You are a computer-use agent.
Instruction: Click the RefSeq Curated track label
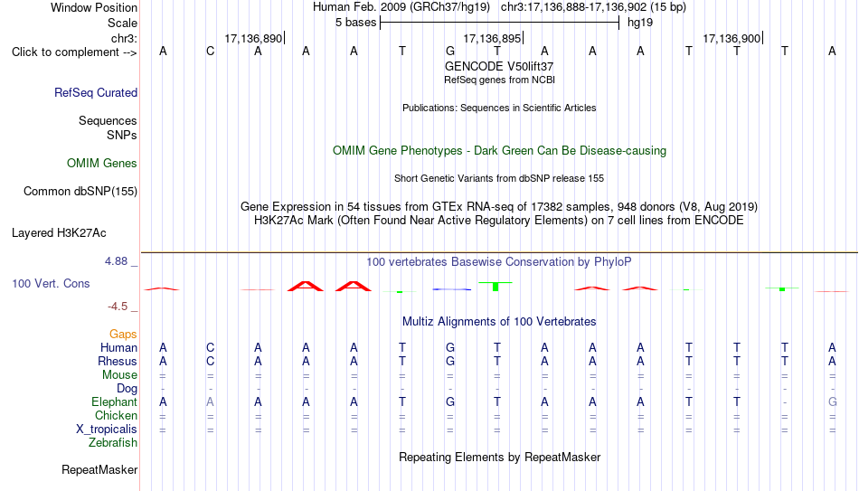(96, 92)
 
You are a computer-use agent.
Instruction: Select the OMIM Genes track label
(102, 164)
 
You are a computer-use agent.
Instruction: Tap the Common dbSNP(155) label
(80, 192)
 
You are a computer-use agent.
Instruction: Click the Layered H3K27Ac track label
(59, 233)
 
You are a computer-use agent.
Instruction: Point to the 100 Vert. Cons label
(51, 283)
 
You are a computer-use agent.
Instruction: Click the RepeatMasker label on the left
(99, 469)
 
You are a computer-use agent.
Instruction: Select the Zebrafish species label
(113, 442)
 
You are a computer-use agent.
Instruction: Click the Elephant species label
(115, 401)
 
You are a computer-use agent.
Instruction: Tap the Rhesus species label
(118, 361)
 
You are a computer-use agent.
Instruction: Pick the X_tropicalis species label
(107, 430)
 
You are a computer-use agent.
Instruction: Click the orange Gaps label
(123, 335)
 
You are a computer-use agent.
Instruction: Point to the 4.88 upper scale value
(116, 261)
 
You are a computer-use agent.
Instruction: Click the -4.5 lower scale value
(118, 307)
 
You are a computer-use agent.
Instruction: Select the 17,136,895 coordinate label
(492, 38)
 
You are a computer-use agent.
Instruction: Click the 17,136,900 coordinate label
(732, 38)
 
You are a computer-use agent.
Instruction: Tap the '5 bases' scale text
(356, 23)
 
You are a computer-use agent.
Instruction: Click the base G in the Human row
(449, 347)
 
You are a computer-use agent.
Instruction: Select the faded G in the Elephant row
(832, 401)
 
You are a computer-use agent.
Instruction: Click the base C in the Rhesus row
(211, 361)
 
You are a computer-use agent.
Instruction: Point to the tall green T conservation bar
(496, 286)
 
